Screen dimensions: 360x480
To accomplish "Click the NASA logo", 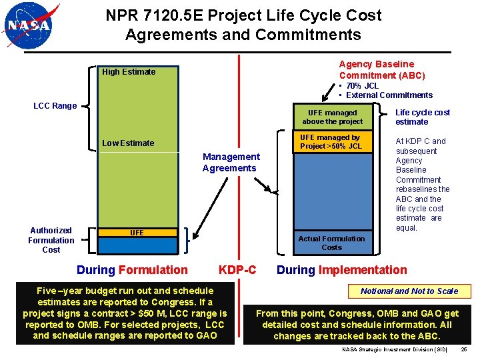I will click(x=31, y=26).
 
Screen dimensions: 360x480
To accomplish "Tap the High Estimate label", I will click(x=129, y=72).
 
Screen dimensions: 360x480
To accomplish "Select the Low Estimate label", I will click(x=128, y=143).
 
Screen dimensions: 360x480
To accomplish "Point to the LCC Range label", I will click(x=55, y=105).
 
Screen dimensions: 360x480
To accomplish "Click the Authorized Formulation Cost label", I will click(x=51, y=240).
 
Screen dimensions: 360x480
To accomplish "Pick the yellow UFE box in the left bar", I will click(x=137, y=233).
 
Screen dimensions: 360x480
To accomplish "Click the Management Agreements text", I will click(x=231, y=162).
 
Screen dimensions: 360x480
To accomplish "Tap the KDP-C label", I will click(x=237, y=270).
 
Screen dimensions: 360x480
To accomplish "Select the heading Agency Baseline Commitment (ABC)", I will click(x=381, y=69).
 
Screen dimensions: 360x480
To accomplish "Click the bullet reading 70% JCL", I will click(x=361, y=85).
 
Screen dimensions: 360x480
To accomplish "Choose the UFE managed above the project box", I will click(x=332, y=117).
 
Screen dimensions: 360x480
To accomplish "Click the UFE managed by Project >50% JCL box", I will click(x=331, y=142).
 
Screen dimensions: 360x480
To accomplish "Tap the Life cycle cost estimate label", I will click(x=423, y=117).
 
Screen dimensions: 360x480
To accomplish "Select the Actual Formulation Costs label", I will click(x=331, y=243).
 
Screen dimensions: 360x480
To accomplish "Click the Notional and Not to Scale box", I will click(x=409, y=291).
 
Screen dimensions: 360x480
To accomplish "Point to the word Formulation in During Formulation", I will click(x=153, y=270).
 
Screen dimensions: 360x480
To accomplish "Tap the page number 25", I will click(x=464, y=349).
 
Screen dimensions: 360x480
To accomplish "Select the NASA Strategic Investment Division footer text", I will click(x=395, y=349).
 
